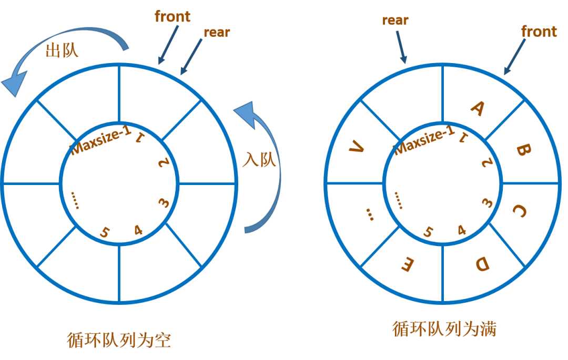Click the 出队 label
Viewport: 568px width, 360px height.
[63, 50]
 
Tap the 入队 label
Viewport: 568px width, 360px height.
[259, 159]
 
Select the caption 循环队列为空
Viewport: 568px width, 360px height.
[119, 340]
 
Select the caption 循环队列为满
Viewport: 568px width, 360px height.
[444, 329]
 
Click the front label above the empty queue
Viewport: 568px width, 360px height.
[173, 17]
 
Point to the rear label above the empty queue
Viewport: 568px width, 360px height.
[217, 32]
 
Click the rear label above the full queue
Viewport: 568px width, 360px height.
[395, 20]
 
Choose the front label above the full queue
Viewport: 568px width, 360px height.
[539, 32]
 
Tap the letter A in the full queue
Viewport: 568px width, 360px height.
[477, 108]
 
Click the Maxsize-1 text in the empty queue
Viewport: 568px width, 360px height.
[101, 139]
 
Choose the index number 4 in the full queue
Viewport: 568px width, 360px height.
[462, 230]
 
